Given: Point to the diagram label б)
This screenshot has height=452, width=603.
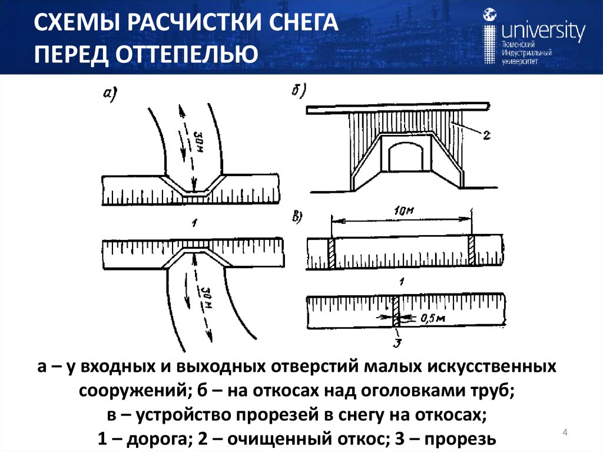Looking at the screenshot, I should pos(300,91).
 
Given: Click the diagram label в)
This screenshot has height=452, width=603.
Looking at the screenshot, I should pos(297,216).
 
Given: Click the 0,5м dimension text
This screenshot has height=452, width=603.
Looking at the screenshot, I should pos(434,319).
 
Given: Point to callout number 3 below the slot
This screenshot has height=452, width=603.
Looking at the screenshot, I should pos(397,341).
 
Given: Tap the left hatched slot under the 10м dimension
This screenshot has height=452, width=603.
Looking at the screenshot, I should pos(331,253).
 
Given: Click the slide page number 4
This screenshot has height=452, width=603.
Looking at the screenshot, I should pos(565,434).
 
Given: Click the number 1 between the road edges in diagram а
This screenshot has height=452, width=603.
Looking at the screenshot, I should pos(190,222).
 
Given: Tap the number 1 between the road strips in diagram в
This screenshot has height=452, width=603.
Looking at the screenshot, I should pos(400,282).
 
